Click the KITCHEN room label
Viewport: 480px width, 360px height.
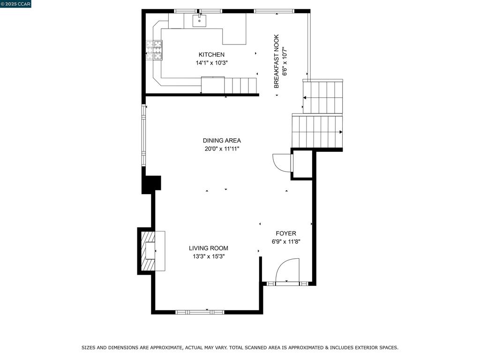pos(211,55)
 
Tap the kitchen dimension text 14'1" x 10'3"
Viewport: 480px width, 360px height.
pos(212,63)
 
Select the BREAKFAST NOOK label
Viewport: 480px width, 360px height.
pos(277,61)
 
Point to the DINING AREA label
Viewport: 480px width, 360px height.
pos(222,141)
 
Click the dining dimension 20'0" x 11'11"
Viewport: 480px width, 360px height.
pos(222,149)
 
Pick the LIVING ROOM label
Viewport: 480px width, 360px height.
pos(209,248)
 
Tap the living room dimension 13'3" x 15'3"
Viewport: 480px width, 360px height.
pos(209,256)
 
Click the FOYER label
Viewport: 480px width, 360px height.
pos(286,233)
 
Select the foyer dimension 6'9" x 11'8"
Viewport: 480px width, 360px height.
pos(286,242)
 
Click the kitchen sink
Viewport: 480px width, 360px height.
pos(199,20)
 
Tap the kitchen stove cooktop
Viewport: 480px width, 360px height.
pos(154,50)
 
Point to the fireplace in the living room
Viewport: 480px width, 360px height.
pos(148,251)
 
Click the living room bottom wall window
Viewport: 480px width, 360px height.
pos(200,312)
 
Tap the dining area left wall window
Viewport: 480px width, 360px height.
pos(143,135)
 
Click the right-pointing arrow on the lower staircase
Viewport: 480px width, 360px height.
pos(341,132)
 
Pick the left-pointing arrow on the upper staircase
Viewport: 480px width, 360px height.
pos(305,98)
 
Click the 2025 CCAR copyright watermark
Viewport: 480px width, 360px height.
pos(15,4)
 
